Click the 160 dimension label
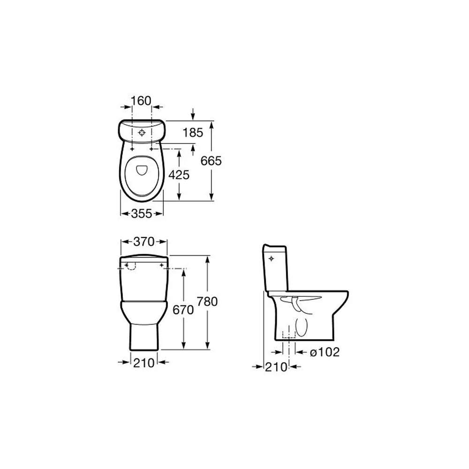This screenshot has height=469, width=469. [141, 101]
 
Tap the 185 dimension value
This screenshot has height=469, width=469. [193, 133]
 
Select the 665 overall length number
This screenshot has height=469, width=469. [211, 161]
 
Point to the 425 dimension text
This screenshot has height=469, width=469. [179, 174]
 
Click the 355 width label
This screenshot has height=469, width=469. [142, 213]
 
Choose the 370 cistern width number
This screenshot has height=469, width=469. [144, 242]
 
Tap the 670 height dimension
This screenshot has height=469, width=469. [183, 310]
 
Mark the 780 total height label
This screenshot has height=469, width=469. [207, 302]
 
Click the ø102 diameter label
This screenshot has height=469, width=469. [325, 352]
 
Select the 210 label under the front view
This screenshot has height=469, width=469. [144, 363]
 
